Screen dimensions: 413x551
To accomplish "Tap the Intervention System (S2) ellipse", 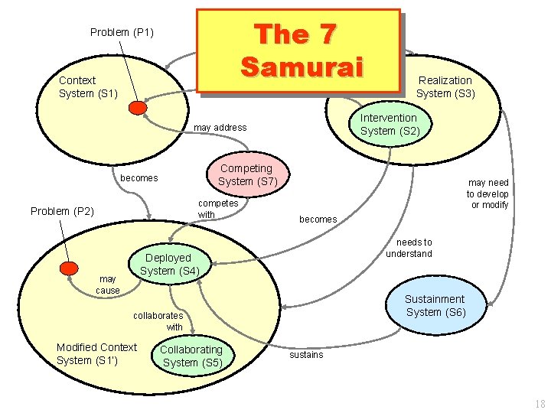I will [x=389, y=124].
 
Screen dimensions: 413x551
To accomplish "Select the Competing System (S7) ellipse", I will [x=246, y=175].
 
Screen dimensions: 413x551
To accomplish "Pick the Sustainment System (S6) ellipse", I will [x=435, y=306].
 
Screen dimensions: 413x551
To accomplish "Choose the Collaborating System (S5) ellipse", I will [x=192, y=356].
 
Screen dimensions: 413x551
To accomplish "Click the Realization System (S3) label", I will [x=445, y=86].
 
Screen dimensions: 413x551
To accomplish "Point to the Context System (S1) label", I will [x=88, y=86].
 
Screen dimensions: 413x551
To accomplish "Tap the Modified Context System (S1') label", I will [x=96, y=353].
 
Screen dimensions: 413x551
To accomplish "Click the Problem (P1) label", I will [x=122, y=32].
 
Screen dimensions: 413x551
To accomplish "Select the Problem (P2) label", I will [x=62, y=211].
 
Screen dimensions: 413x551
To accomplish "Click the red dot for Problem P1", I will [x=138, y=108].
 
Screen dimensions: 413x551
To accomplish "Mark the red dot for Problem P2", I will [x=70, y=268].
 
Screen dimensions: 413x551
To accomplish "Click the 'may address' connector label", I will [x=220, y=127].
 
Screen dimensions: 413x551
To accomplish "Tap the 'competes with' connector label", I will [x=218, y=209].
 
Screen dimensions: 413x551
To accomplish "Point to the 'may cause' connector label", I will [x=108, y=285].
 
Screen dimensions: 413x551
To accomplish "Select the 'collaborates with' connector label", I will [x=158, y=321].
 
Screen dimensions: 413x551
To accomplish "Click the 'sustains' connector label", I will [x=306, y=355].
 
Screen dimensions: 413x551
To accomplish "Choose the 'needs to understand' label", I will [x=409, y=248].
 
